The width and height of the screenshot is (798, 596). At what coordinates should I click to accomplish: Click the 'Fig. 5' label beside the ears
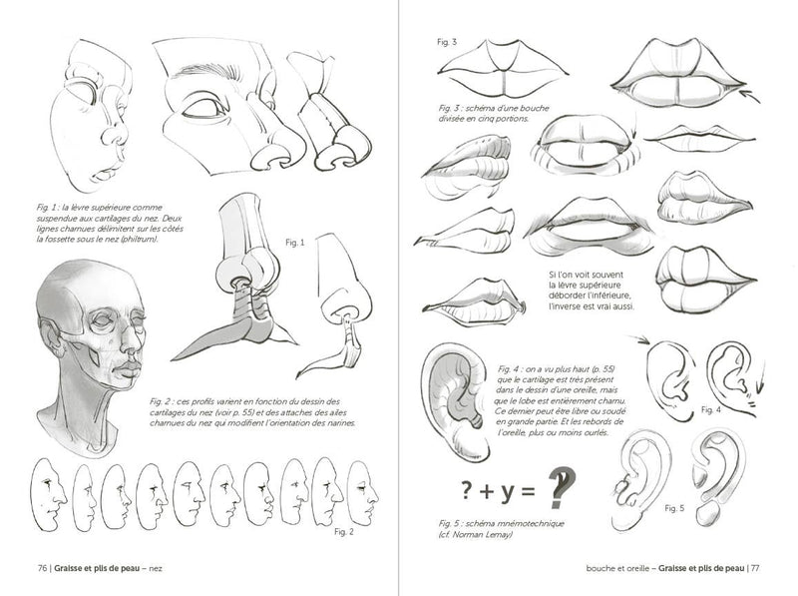(x=673, y=509)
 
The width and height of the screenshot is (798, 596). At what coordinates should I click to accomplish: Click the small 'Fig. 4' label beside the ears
(x=710, y=410)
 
